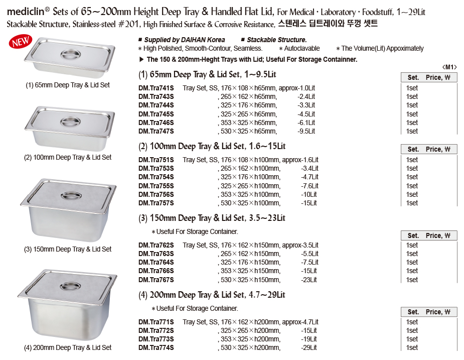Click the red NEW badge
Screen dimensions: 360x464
20,42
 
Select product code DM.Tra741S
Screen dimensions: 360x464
156,88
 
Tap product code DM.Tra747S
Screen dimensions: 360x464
156,131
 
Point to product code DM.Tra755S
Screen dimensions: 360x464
156,186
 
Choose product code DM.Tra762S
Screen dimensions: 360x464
156,245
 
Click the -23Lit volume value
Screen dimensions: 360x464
309,280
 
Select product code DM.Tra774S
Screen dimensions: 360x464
156,347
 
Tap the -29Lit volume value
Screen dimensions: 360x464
309,347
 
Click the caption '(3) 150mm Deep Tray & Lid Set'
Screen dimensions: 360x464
68,249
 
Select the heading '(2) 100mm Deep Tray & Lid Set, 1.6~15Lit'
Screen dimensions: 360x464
212,146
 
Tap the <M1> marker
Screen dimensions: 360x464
449,67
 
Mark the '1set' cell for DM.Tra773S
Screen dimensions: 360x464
412,339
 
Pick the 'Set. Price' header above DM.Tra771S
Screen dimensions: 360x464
429,312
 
